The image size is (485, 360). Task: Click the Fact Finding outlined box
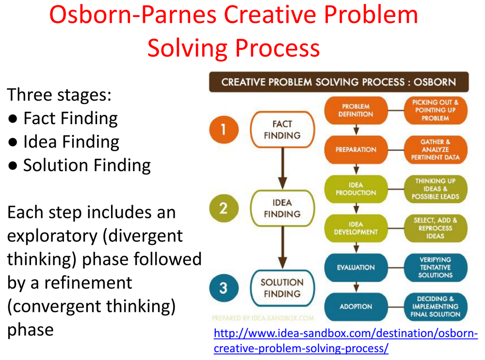[x=282, y=130]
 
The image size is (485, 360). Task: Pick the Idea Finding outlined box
[x=282, y=209]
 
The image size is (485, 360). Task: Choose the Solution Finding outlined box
[x=282, y=288]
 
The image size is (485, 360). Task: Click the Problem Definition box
[x=356, y=110]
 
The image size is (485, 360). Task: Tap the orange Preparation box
[x=356, y=149]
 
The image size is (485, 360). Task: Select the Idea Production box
[x=356, y=189]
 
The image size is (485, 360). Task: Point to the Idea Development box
[x=356, y=228]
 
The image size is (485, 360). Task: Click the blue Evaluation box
[x=356, y=267]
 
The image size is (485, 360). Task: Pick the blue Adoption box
[x=356, y=307]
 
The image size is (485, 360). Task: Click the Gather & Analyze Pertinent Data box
[x=435, y=149]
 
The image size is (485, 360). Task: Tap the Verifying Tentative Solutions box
[x=435, y=267]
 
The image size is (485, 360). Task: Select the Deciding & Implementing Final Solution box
[x=435, y=307]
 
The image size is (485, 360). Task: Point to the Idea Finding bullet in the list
[x=71, y=142]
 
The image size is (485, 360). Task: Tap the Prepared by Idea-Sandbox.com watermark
[x=262, y=319]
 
